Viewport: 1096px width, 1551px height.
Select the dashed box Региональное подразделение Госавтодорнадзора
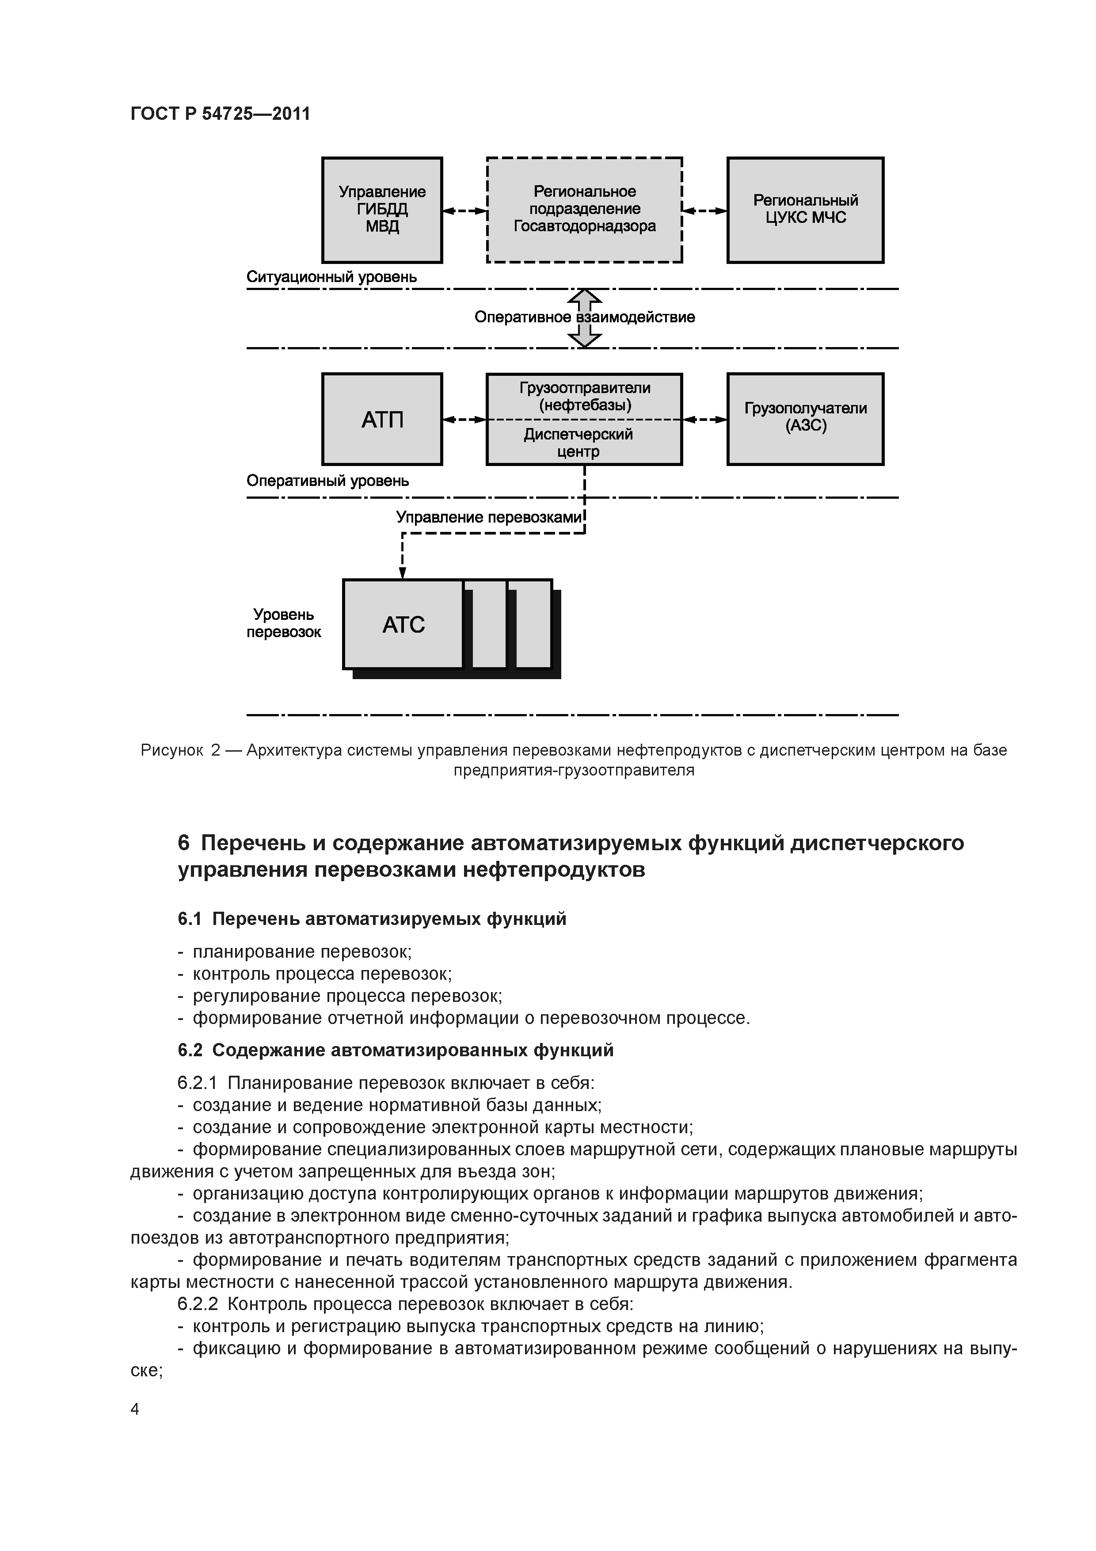pyautogui.click(x=584, y=210)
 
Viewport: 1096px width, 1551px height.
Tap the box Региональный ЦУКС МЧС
pyautogui.click(x=805, y=210)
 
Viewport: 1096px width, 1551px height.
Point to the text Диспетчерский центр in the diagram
pyautogui.click(x=578, y=443)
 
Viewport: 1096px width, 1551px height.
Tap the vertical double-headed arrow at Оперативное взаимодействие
pyautogui.click(x=585, y=318)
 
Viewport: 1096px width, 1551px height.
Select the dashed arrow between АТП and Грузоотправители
pyautogui.click(x=464, y=420)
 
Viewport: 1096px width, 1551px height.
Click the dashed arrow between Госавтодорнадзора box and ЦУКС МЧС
pyautogui.click(x=704, y=211)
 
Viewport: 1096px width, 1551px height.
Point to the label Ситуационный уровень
pyautogui.click(x=331, y=277)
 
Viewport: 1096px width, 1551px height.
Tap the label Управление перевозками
pyautogui.click(x=488, y=517)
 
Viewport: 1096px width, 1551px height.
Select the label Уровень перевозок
pyautogui.click(x=284, y=623)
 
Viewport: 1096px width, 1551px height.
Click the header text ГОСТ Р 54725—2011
pyautogui.click(x=220, y=114)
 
